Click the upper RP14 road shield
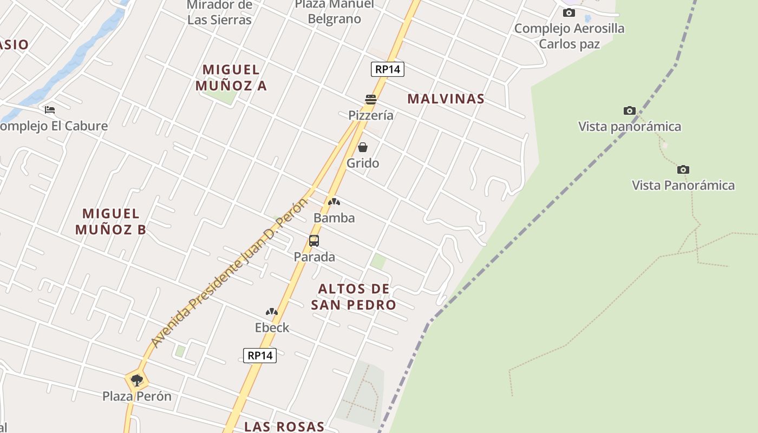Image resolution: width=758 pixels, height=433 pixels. (x=388, y=69)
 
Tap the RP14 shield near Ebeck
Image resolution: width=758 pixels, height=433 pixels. (x=260, y=356)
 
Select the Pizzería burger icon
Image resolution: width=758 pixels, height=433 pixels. (x=371, y=99)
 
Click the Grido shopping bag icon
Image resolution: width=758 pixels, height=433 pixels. (x=363, y=147)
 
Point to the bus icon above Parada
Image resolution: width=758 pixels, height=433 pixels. (x=314, y=241)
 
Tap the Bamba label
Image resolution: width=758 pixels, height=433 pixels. (x=334, y=218)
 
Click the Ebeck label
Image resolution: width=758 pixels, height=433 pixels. (x=272, y=327)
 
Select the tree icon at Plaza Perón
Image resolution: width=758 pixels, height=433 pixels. (x=137, y=380)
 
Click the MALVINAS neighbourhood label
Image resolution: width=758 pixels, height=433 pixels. (x=446, y=99)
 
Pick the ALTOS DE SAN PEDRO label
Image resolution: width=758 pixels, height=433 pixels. (x=354, y=297)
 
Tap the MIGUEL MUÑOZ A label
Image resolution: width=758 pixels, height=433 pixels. (x=231, y=77)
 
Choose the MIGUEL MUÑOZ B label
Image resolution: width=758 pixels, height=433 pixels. (x=110, y=221)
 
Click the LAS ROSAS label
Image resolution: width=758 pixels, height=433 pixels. (x=284, y=427)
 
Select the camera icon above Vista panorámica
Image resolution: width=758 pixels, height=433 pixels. (x=629, y=111)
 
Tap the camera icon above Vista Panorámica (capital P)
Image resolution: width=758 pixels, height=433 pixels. (x=683, y=169)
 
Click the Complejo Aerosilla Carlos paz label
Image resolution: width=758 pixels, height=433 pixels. (x=570, y=36)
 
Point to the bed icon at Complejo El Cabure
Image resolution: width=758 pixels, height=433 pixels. (x=50, y=110)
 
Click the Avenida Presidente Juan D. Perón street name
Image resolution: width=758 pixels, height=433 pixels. (x=229, y=273)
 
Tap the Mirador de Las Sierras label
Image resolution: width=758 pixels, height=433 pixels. (x=219, y=13)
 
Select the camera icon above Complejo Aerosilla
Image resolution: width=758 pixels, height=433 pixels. (x=568, y=12)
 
